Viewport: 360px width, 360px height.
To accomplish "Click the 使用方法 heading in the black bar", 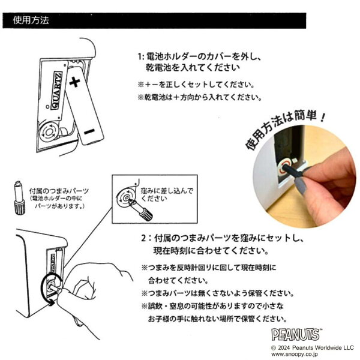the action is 31,20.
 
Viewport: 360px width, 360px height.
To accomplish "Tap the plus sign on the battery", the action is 74,82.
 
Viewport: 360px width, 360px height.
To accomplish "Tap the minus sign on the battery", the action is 89,131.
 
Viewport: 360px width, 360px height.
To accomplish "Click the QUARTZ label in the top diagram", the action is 57,91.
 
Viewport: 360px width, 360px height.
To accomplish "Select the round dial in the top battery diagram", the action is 49,132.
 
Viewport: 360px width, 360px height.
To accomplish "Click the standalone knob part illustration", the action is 19,198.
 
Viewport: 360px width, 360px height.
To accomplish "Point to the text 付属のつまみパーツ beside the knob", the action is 59,191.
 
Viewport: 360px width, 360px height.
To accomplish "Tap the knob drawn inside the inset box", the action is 140,209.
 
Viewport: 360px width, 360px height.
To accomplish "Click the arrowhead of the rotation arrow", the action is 52,302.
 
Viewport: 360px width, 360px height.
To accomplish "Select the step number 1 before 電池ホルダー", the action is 140,56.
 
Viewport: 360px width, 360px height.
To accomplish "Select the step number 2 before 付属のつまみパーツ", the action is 144,238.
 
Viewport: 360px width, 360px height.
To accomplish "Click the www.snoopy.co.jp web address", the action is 295,354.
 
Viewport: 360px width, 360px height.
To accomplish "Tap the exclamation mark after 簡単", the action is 323,117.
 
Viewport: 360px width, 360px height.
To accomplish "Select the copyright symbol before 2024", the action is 274,348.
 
